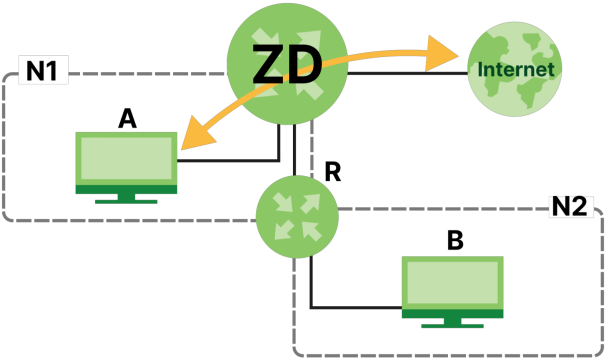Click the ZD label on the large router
pyautogui.click(x=287, y=64)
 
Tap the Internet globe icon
pyautogui.click(x=514, y=69)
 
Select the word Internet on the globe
pyautogui.click(x=516, y=70)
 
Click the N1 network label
pyautogui.click(x=42, y=71)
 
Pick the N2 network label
pyautogui.click(x=569, y=206)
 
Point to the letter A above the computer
pyautogui.click(x=128, y=119)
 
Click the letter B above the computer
pyautogui.click(x=455, y=240)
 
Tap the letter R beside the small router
pyautogui.click(x=333, y=172)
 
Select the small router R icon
pyautogui.click(x=297, y=217)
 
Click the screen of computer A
pyautogui.click(x=126, y=158)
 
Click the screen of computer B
pyautogui.click(x=453, y=282)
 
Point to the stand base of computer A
pyautogui.click(x=126, y=201)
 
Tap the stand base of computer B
pyautogui.click(x=452, y=326)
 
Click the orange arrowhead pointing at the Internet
pyautogui.click(x=441, y=54)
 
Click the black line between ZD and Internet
pyautogui.click(x=408, y=73)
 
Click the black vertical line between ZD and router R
pyautogui.click(x=294, y=150)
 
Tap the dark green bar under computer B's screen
pyautogui.click(x=453, y=314)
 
